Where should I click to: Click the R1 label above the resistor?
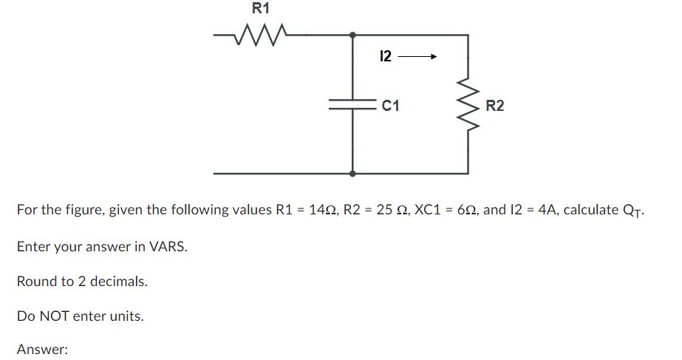[261, 9]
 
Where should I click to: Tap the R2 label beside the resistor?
[495, 106]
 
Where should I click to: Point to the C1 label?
[391, 106]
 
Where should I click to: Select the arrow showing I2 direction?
[419, 56]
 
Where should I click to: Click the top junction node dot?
[352, 34]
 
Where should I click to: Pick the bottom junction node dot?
[352, 174]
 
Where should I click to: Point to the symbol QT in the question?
[632, 211]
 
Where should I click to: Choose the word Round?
[36, 282]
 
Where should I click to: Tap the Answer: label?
[42, 350]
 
